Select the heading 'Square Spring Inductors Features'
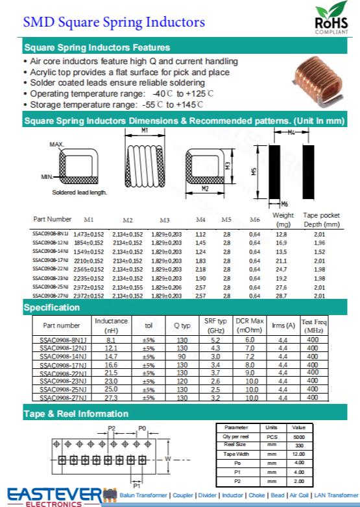click(97, 47)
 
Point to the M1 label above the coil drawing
click(145, 130)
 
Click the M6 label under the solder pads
click(285, 204)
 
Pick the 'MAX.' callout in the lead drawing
click(57, 144)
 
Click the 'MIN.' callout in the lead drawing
click(47, 176)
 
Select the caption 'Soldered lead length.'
click(80, 193)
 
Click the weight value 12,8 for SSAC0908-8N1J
click(282, 233)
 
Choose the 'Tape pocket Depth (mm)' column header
click(322, 220)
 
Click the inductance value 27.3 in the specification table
click(111, 397)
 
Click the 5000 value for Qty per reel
click(298, 437)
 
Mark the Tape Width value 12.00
click(298, 454)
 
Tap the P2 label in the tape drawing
click(112, 429)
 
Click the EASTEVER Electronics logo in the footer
click(56, 494)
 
